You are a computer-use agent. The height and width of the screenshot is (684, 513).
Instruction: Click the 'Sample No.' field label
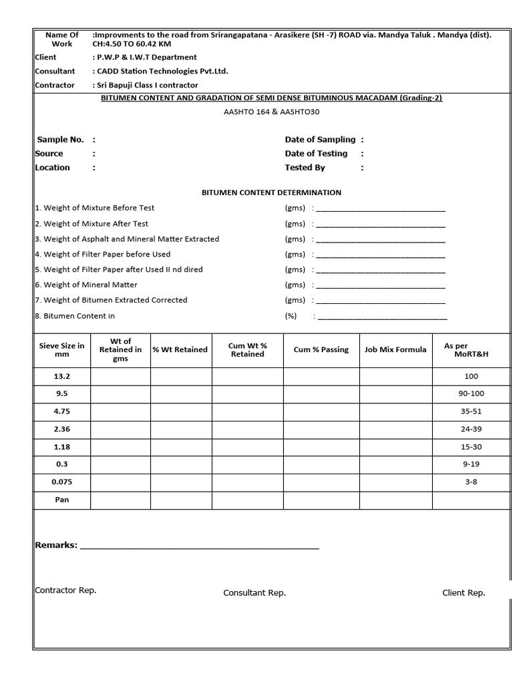point(59,140)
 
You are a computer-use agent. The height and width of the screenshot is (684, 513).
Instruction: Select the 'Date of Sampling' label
point(320,140)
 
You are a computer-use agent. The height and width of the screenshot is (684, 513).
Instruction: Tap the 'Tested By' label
point(305,168)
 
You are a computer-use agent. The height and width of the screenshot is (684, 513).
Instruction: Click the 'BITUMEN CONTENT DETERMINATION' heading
point(271,192)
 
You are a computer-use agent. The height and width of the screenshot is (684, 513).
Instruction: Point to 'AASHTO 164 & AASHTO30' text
point(271,112)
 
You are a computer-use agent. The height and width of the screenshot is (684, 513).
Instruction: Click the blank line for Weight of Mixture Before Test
point(380,208)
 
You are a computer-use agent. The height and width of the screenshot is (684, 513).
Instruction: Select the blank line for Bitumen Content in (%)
point(382,317)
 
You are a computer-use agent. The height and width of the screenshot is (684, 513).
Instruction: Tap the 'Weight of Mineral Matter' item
point(86,285)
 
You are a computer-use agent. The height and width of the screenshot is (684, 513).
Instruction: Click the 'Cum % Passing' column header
point(321,350)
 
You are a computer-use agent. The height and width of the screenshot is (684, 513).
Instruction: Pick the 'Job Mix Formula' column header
point(395,350)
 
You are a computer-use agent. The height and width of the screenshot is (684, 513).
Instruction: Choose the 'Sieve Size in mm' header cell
point(62,350)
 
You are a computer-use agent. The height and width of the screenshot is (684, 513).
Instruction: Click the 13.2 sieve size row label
point(62,377)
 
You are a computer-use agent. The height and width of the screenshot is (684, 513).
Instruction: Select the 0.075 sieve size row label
point(62,482)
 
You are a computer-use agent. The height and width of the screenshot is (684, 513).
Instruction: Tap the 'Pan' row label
point(62,500)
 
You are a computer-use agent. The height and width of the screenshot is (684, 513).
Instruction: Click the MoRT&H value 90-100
point(471,394)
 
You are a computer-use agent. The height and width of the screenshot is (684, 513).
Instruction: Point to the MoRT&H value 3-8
point(471,482)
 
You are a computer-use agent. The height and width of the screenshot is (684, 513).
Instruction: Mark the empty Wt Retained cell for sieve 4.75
point(120,411)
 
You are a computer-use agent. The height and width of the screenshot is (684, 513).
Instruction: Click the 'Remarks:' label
point(56,545)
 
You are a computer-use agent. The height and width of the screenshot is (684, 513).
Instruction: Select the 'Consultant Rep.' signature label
point(254,593)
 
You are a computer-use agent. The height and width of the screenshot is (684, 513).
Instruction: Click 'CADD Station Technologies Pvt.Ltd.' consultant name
point(162,71)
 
